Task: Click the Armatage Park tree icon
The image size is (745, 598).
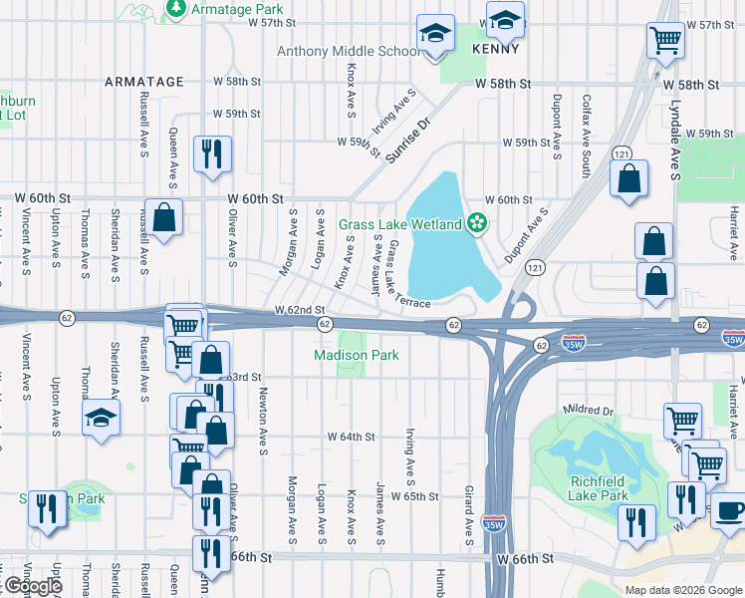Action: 176,9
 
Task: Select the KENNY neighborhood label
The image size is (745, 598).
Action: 498,48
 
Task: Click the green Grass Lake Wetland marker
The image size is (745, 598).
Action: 478,222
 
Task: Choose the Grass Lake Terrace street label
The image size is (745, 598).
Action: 408,273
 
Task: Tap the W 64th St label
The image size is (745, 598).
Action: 351,437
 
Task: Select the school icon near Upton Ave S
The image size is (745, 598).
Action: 102,418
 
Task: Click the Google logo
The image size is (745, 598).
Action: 32,586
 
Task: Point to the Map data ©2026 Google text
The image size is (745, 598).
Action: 683,590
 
